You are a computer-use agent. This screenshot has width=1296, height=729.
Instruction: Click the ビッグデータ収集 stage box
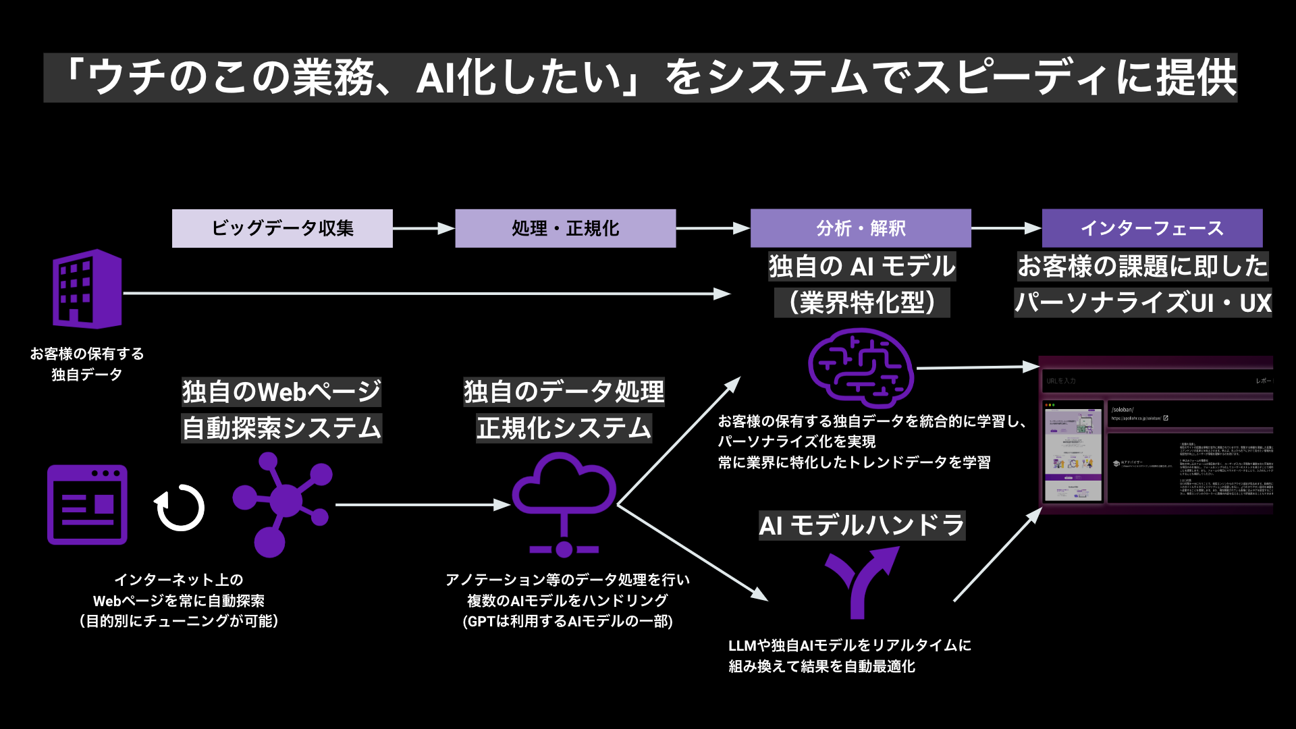(282, 228)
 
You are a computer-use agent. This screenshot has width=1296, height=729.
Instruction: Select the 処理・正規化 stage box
(565, 228)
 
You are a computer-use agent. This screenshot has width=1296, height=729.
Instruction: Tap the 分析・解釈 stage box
(861, 228)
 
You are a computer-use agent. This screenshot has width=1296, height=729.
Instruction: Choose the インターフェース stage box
(1152, 228)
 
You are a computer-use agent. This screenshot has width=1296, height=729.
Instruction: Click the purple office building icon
(87, 289)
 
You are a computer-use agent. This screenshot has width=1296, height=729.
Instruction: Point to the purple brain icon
(861, 368)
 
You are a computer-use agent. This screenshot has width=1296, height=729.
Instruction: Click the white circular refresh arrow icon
(180, 508)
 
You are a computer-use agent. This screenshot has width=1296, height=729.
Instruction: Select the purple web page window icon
(87, 505)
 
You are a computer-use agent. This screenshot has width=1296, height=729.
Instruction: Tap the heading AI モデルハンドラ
(862, 525)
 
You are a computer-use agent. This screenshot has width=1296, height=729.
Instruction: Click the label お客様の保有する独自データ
(87, 364)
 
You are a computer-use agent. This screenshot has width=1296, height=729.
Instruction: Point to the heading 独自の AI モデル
(862, 266)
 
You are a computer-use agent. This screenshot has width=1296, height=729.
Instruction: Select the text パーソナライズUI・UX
(1143, 302)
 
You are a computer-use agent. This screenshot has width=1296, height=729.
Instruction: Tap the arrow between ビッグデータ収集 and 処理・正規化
(423, 228)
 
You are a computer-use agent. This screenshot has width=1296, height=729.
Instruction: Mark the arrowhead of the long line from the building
(723, 294)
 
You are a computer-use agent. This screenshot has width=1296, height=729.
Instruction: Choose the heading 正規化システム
(564, 428)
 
